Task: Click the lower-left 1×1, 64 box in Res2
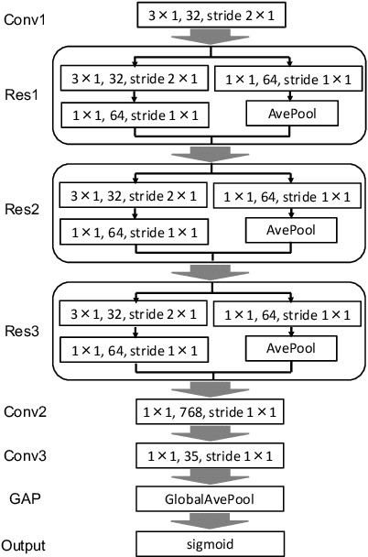(x=132, y=231)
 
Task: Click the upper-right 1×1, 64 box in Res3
(x=289, y=314)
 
